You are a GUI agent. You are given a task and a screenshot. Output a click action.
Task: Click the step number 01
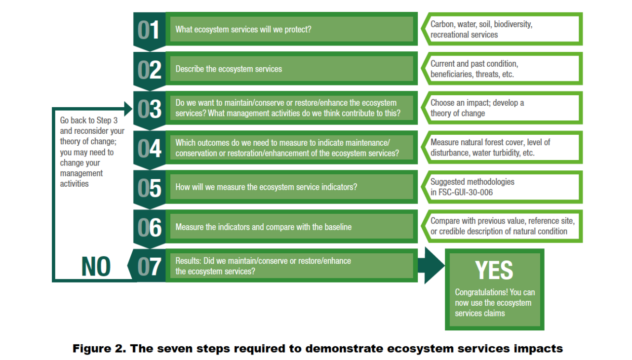tap(149, 30)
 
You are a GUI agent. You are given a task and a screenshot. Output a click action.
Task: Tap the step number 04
tap(149, 149)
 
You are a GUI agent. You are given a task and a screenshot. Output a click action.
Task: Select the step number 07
tap(149, 267)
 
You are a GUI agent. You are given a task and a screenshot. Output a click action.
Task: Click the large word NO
tap(96, 267)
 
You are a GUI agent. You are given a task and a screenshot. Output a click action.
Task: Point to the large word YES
tap(494, 270)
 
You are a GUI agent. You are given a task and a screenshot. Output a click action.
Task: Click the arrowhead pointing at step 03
tap(128, 109)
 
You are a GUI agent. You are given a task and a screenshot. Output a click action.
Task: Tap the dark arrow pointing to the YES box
tap(431, 266)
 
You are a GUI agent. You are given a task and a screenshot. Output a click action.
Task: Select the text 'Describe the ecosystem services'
tap(229, 69)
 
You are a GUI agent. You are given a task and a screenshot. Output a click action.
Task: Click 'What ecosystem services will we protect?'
tap(243, 29)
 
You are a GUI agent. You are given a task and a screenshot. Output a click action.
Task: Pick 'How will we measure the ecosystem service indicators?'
tap(266, 187)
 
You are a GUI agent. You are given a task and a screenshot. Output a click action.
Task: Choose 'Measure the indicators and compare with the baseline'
tap(263, 227)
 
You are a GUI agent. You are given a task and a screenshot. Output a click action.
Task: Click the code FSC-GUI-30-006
tap(466, 193)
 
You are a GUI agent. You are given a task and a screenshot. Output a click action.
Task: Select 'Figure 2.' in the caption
tap(99, 349)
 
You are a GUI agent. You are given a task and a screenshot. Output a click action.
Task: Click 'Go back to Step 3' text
tap(88, 120)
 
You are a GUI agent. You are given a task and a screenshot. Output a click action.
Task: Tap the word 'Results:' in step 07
tap(188, 261)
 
